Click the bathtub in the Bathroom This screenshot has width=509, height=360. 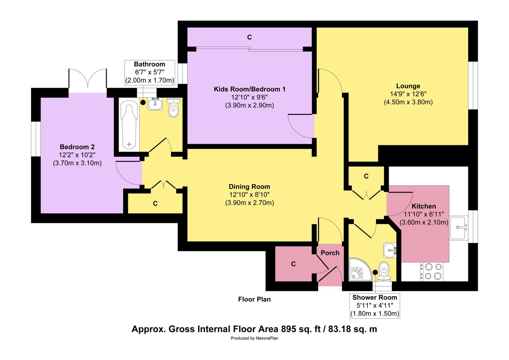pyautogui.click(x=129, y=125)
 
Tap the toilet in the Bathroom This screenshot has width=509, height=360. pyautogui.click(x=174, y=107)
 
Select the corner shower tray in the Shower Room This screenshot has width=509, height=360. pyautogui.click(x=360, y=269)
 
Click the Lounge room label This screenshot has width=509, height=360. pyautogui.click(x=408, y=86)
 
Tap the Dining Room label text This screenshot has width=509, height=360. pyautogui.click(x=249, y=187)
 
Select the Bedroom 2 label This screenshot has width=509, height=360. pyautogui.click(x=77, y=147)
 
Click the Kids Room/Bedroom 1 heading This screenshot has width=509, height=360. pyautogui.click(x=249, y=89)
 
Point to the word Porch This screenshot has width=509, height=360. pyautogui.click(x=330, y=253)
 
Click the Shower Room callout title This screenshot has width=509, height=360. pyautogui.click(x=375, y=298)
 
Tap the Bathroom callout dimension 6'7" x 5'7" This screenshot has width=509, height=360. pyautogui.click(x=150, y=72)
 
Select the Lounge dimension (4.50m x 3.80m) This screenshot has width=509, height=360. pyautogui.click(x=408, y=102)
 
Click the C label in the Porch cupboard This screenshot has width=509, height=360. pyautogui.click(x=293, y=264)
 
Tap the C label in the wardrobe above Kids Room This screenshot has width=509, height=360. pyautogui.click(x=249, y=37)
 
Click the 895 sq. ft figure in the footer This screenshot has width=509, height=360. pyautogui.click(x=301, y=329)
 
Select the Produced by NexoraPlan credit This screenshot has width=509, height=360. pyautogui.click(x=254, y=338)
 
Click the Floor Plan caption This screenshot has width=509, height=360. pyautogui.click(x=254, y=299)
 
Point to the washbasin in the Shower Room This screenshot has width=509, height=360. pyautogui.click(x=390, y=250)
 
